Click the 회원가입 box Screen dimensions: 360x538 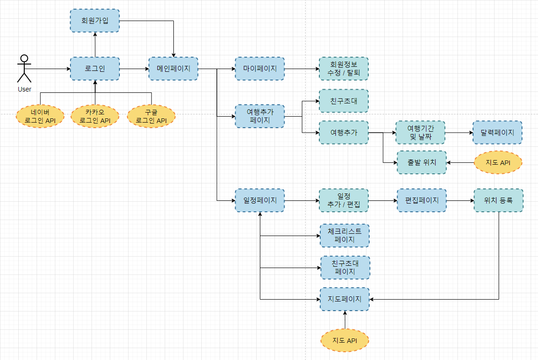point(95,21)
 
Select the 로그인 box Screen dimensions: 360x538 point(95,69)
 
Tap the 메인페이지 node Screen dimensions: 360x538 point(173,69)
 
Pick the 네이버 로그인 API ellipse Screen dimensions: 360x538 point(40,116)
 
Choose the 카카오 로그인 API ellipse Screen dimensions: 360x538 point(95,116)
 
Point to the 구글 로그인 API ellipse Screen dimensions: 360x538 point(151,116)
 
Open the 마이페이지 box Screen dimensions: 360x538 point(259,69)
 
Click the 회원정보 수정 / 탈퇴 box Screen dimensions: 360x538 point(344,69)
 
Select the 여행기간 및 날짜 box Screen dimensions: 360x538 point(420,133)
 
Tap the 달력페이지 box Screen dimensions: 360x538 point(497,133)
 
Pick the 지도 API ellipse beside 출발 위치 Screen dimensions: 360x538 point(498,162)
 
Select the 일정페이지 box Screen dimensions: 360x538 point(259,200)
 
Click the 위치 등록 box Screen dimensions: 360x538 point(498,200)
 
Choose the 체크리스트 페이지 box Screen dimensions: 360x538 point(344,236)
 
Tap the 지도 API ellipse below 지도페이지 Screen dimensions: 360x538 point(344,340)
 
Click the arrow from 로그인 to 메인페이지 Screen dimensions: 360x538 point(134,69)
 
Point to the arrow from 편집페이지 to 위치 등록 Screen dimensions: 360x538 point(460,200)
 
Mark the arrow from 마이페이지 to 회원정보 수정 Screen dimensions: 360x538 point(301,69)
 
